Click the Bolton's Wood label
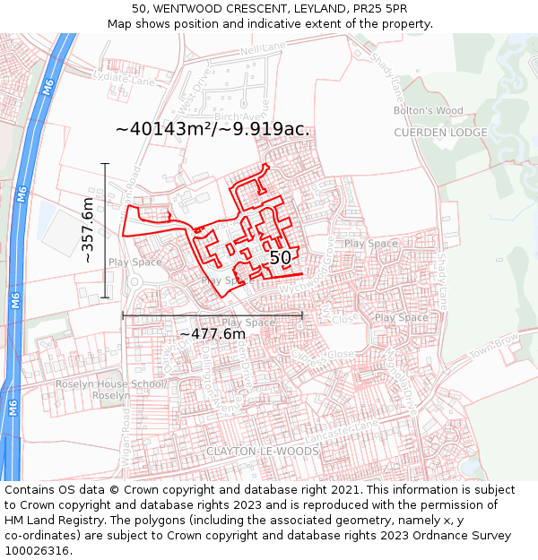click(428, 111)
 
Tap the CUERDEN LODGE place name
click(440, 133)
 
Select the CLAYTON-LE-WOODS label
click(262, 451)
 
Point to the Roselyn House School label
click(111, 384)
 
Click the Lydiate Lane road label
click(125, 79)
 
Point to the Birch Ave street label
click(240, 117)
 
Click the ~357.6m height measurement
click(88, 230)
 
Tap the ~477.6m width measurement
click(213, 334)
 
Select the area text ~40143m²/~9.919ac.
click(213, 129)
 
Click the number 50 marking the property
click(280, 258)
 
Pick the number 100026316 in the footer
click(38, 551)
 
